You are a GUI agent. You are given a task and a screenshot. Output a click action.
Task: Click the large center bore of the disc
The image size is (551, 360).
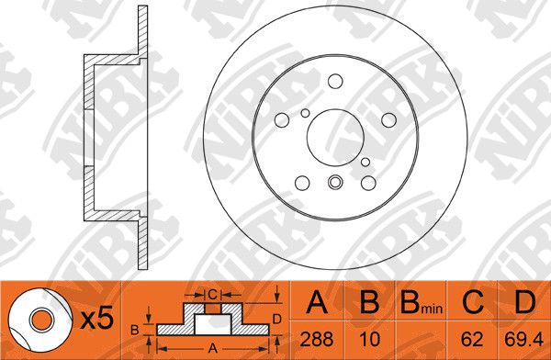coord(335,138)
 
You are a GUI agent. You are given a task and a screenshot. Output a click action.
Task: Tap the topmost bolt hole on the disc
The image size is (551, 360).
coord(335,81)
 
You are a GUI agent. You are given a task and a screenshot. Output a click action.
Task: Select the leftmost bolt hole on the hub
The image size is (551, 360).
coord(282,120)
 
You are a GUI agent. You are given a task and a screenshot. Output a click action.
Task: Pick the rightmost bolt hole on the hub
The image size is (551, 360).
coord(389,120)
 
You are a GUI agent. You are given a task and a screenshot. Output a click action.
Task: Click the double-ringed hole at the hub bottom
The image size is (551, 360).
coord(335,182)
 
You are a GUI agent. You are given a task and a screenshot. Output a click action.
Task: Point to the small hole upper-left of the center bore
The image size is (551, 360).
coord(306,113)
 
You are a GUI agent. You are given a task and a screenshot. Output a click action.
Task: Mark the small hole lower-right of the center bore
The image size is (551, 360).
coord(365,162)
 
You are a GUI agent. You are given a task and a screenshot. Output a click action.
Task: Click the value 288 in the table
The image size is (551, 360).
coord(317,339)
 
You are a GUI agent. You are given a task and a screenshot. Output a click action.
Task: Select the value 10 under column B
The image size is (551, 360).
coord(370,339)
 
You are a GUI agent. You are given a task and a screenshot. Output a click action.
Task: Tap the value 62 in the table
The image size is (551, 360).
coord(472,339)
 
